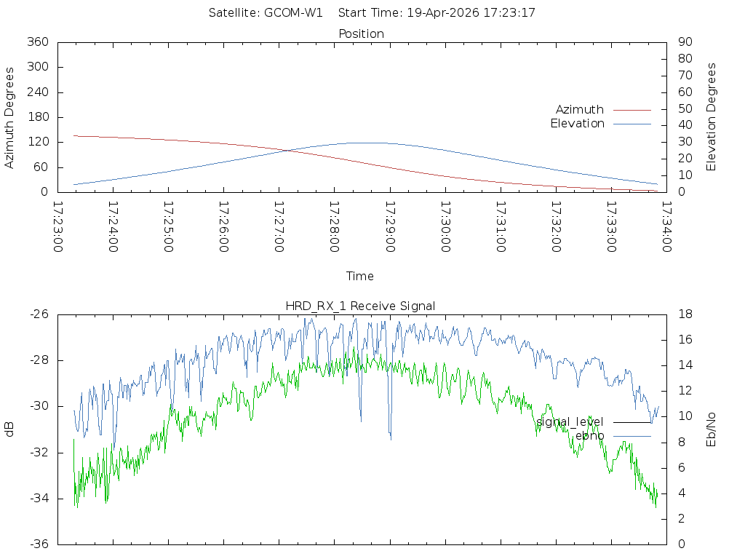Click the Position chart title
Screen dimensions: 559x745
[361, 34]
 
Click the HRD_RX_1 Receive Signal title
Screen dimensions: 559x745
[361, 306]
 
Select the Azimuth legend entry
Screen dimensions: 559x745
[580, 110]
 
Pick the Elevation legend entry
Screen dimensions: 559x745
[577, 124]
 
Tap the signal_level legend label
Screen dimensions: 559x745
[570, 422]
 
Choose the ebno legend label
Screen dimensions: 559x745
[589, 436]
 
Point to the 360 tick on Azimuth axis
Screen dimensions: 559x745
[36, 42]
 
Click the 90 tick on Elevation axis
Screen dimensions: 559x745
[684, 42]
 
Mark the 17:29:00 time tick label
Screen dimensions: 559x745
[389, 227]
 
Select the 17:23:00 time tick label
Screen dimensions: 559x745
[58, 227]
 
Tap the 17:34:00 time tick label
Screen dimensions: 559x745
[666, 227]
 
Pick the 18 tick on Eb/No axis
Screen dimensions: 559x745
[685, 314]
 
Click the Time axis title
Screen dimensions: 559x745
[360, 277]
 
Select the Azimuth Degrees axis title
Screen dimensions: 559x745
[9, 117]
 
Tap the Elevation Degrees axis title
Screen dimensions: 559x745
[712, 117]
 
